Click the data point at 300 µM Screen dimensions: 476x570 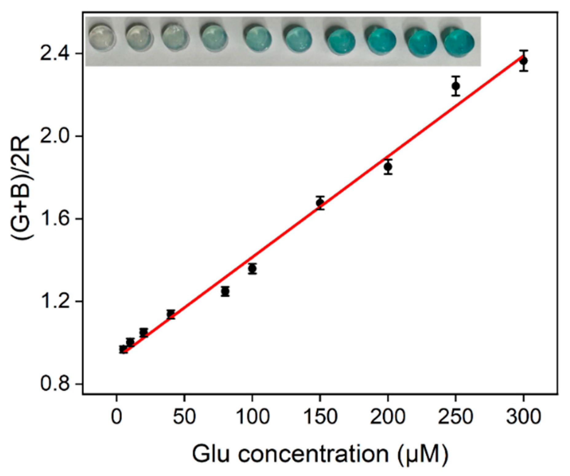pyautogui.click(x=523, y=61)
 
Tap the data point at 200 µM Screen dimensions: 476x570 pyautogui.click(x=388, y=167)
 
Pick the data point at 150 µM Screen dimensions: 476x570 pyautogui.click(x=320, y=203)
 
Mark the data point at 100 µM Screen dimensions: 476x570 pyautogui.click(x=252, y=269)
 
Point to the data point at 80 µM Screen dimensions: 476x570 pyautogui.click(x=225, y=291)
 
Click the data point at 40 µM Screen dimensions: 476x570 pyautogui.click(x=171, y=314)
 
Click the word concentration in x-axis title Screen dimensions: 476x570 pyautogui.click(x=313, y=454)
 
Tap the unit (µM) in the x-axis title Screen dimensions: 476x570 pyautogui.click(x=423, y=455)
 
